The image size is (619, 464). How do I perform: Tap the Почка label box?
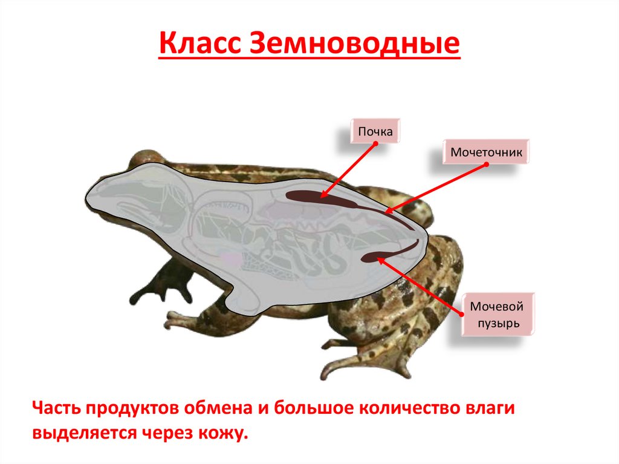pyautogui.click(x=376, y=131)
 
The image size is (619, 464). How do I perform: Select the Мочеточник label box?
pyautogui.click(x=486, y=152)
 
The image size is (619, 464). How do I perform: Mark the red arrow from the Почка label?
pyautogui.click(x=348, y=170)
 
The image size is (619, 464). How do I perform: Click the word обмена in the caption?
pyautogui.click(x=208, y=408)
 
